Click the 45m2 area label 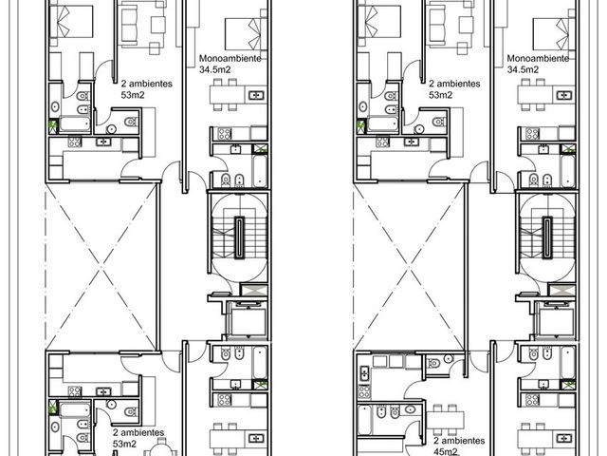click(x=446, y=452)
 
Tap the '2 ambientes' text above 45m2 click(x=459, y=441)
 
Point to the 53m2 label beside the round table click(x=124, y=444)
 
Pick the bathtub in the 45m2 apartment click(x=364, y=420)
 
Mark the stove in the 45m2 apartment click(x=364, y=391)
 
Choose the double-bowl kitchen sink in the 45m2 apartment click(x=364, y=373)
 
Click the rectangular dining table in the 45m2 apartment click(x=445, y=420)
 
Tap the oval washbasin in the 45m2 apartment click(x=410, y=409)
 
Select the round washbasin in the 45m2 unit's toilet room click(x=449, y=357)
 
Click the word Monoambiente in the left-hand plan click(x=230, y=58)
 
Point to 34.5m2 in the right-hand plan click(x=523, y=69)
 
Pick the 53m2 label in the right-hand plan click(x=440, y=95)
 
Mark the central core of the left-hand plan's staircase click(x=240, y=237)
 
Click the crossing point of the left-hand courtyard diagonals click(x=101, y=267)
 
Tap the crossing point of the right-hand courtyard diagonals click(x=409, y=267)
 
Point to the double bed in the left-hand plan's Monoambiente click(x=247, y=34)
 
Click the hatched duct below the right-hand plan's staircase click(x=562, y=291)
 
